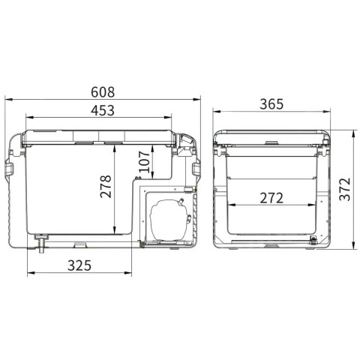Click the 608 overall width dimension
point(103,92)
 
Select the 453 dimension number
point(103,110)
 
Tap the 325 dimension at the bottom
point(79,265)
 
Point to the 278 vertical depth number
point(106,186)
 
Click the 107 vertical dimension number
point(144,162)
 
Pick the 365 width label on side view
point(271,104)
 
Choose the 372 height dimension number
point(345,189)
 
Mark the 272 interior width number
point(271,198)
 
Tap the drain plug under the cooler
point(41,243)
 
